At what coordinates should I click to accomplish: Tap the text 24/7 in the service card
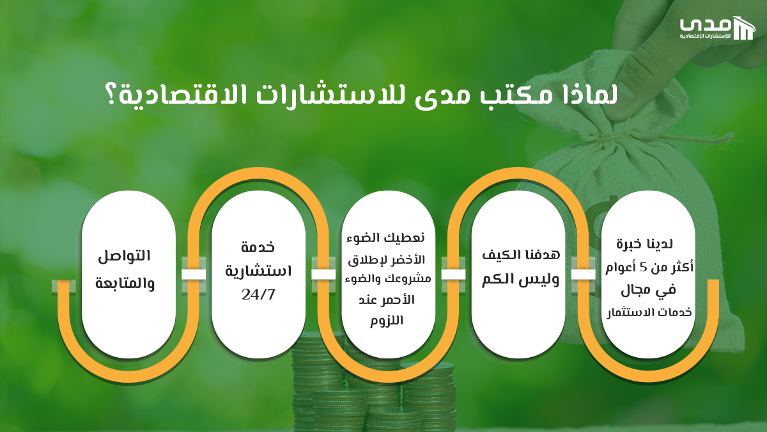[x=258, y=295]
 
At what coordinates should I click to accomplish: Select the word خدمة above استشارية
[x=258, y=248]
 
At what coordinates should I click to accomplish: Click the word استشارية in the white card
[x=258, y=271]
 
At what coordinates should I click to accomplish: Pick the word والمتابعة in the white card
[x=125, y=282]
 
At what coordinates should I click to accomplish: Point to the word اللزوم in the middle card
[x=387, y=321]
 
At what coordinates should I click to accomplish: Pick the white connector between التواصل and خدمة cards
[x=194, y=275]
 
